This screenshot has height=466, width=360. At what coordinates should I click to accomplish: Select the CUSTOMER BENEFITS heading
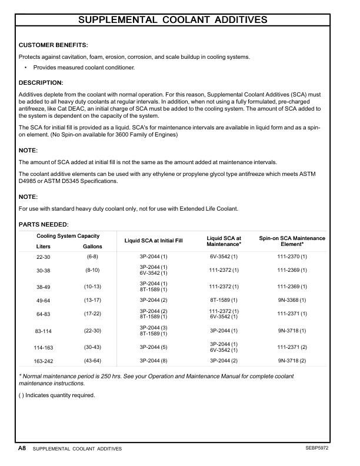(54, 45)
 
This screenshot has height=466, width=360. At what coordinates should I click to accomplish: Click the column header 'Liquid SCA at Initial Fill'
(154, 241)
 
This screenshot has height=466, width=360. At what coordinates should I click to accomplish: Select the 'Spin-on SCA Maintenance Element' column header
(292, 241)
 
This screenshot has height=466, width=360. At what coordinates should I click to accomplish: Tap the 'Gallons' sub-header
(92, 247)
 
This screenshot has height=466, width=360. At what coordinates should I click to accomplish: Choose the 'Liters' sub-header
(44, 247)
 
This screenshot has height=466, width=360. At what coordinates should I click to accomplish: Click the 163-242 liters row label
(44, 360)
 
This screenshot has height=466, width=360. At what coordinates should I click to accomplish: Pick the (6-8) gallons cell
(92, 257)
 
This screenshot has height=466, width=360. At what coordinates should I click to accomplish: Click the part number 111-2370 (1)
(292, 257)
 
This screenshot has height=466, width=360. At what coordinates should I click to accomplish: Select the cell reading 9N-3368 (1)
(292, 300)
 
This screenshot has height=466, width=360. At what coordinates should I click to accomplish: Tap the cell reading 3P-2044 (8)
(154, 360)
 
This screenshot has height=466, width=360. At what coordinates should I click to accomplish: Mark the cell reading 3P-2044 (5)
(154, 347)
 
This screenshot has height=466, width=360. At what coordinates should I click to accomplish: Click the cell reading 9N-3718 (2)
(292, 360)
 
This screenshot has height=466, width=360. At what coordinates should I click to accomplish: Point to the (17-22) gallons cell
(92, 314)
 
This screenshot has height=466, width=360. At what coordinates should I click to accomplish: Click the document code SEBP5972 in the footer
(316, 448)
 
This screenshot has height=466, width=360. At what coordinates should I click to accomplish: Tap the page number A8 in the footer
(22, 448)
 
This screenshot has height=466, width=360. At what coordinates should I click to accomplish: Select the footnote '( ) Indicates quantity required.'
(57, 395)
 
